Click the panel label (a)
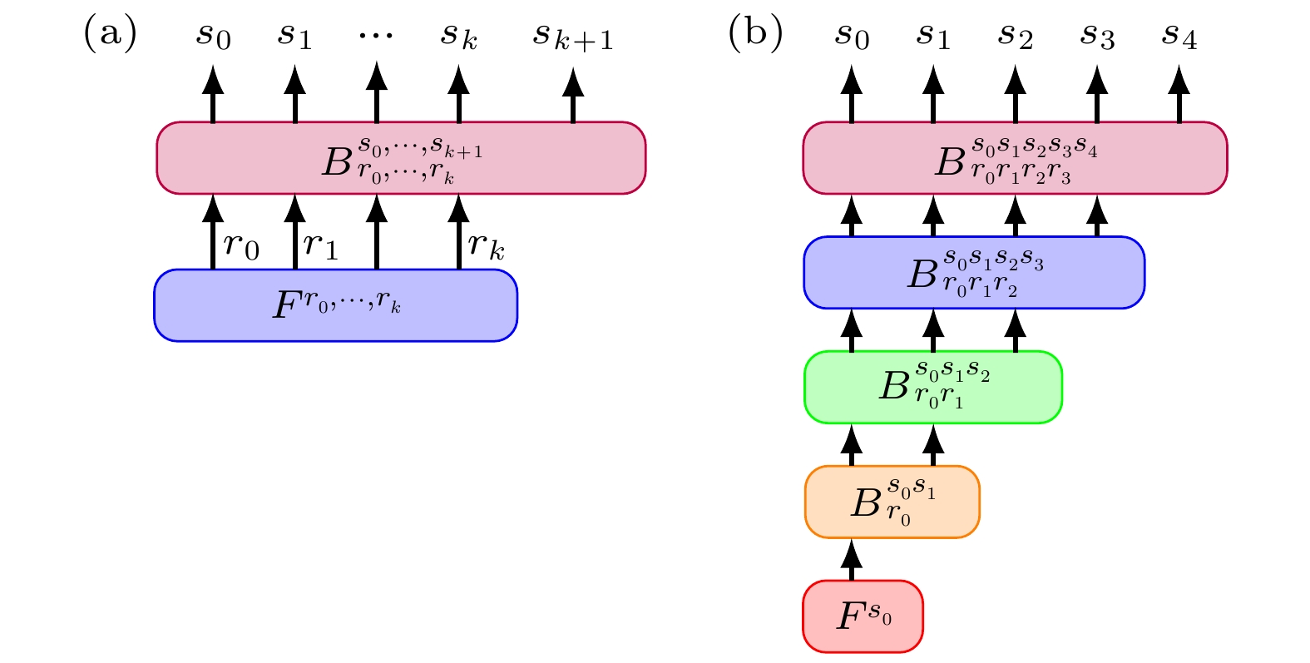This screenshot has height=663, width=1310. click(110, 35)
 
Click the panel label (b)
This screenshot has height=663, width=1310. click(755, 35)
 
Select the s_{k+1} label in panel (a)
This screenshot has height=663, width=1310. click(573, 37)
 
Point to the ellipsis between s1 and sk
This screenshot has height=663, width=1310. click(376, 35)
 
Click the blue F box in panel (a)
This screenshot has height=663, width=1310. click(336, 305)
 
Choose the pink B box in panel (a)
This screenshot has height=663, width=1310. click(401, 158)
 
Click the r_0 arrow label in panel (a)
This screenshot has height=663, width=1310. click(241, 246)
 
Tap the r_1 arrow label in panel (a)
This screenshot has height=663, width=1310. click(321, 246)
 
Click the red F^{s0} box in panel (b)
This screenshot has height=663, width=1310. click(863, 616)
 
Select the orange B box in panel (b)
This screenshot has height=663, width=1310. click(892, 502)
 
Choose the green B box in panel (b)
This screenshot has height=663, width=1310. click(932, 387)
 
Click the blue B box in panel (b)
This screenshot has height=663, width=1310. click(974, 273)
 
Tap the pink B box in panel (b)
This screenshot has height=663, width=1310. click(1015, 158)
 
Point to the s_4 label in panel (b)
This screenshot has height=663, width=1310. click(1179, 37)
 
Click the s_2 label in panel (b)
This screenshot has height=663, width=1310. click(1015, 37)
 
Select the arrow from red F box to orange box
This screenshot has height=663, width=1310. click(851, 559)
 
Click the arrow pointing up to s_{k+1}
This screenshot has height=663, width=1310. click(573, 96)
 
